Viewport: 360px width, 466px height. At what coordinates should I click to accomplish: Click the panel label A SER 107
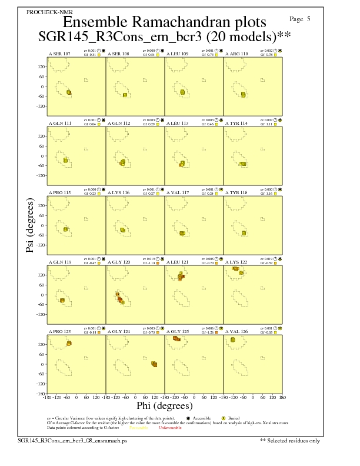(59, 54)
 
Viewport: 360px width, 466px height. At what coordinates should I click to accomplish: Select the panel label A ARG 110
(236, 54)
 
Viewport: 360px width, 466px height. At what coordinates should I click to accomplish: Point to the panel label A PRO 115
(59, 193)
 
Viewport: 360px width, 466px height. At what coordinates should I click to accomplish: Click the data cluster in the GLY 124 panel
(154, 364)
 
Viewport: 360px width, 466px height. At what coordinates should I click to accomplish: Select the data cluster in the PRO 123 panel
(69, 343)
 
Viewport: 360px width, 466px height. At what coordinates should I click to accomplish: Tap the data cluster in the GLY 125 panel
(177, 338)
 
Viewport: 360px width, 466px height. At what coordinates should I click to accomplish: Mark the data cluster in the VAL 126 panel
(233, 339)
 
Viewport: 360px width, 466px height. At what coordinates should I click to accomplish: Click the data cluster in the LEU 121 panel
(181, 275)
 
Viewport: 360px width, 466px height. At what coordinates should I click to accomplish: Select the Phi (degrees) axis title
(164, 405)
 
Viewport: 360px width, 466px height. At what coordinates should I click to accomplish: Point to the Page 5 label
(301, 19)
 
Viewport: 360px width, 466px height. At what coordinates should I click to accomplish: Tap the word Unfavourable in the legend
(171, 428)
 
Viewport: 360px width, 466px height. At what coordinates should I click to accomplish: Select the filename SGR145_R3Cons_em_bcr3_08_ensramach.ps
(72, 440)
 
